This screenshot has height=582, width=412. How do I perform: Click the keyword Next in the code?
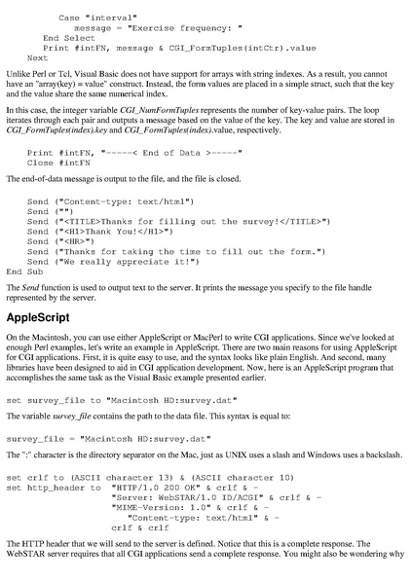(x=37, y=57)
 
